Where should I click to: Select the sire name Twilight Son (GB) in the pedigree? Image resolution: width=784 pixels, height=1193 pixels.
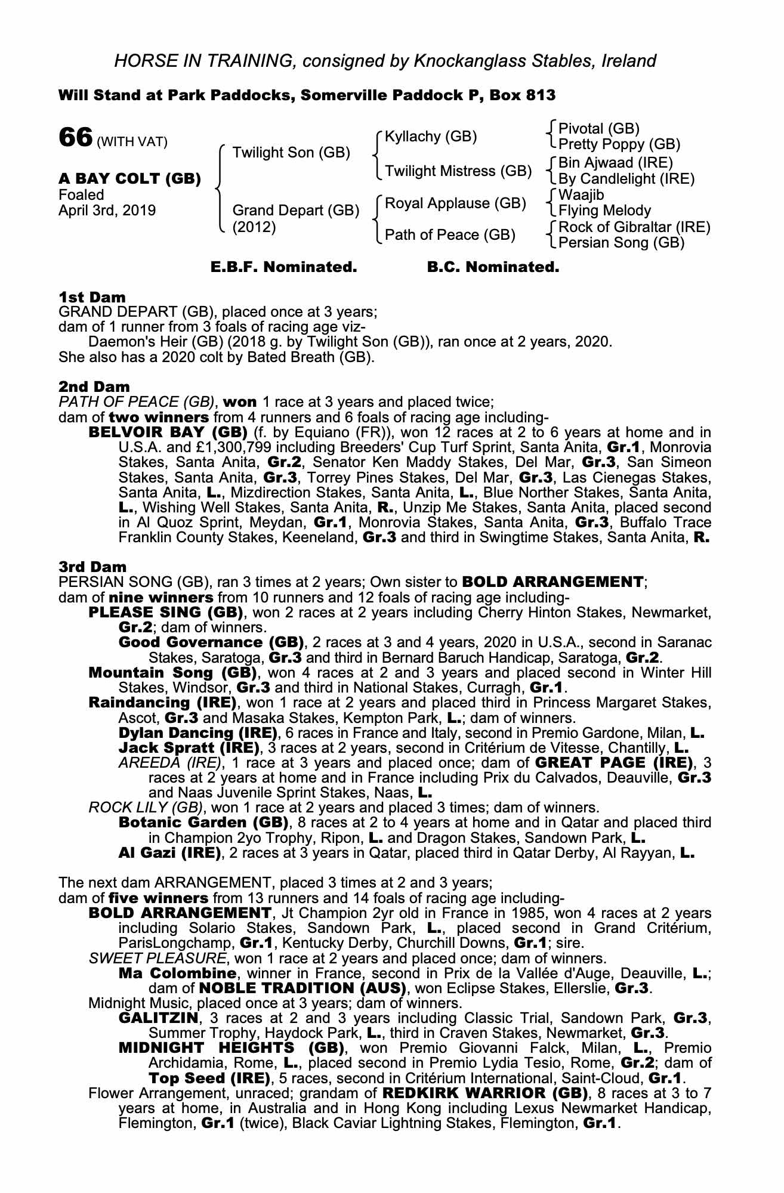click(291, 153)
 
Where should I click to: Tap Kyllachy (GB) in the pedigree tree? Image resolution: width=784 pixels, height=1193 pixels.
click(431, 137)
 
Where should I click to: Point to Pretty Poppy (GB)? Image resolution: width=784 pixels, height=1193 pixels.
click(619, 144)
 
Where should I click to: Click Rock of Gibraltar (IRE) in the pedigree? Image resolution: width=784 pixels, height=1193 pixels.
click(634, 227)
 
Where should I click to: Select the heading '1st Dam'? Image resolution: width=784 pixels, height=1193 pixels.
click(92, 297)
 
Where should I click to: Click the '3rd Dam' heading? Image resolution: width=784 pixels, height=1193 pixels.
click(92, 566)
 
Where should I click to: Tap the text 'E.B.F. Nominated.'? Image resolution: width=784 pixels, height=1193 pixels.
click(284, 268)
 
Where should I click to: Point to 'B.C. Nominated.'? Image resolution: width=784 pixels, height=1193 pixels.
click(493, 268)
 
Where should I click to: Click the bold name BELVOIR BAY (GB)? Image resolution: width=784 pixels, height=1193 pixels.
click(168, 432)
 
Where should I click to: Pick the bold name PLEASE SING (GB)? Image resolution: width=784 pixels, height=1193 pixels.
click(165, 613)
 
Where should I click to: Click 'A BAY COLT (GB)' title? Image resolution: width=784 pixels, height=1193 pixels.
click(129, 178)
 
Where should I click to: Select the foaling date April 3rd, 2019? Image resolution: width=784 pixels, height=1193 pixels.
click(107, 211)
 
